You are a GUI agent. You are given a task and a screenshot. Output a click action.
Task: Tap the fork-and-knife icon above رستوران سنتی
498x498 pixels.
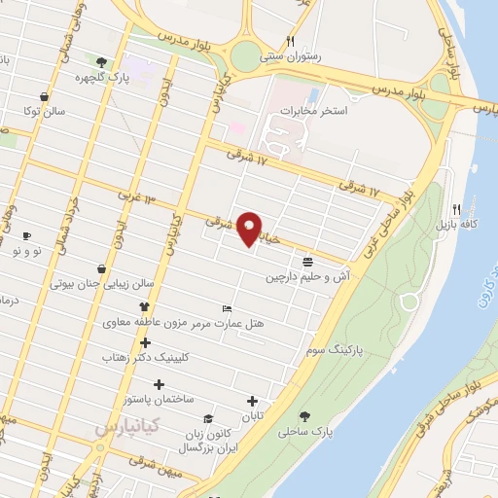coord(290,41)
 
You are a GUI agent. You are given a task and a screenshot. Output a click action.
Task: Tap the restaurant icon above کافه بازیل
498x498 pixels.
coord(457,208)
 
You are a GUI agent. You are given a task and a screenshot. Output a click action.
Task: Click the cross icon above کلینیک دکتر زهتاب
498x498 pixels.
coord(146,342)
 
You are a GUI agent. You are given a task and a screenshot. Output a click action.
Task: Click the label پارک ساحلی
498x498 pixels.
coord(305,430)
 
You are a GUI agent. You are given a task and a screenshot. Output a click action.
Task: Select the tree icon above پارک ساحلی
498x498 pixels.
coord(306,415)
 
